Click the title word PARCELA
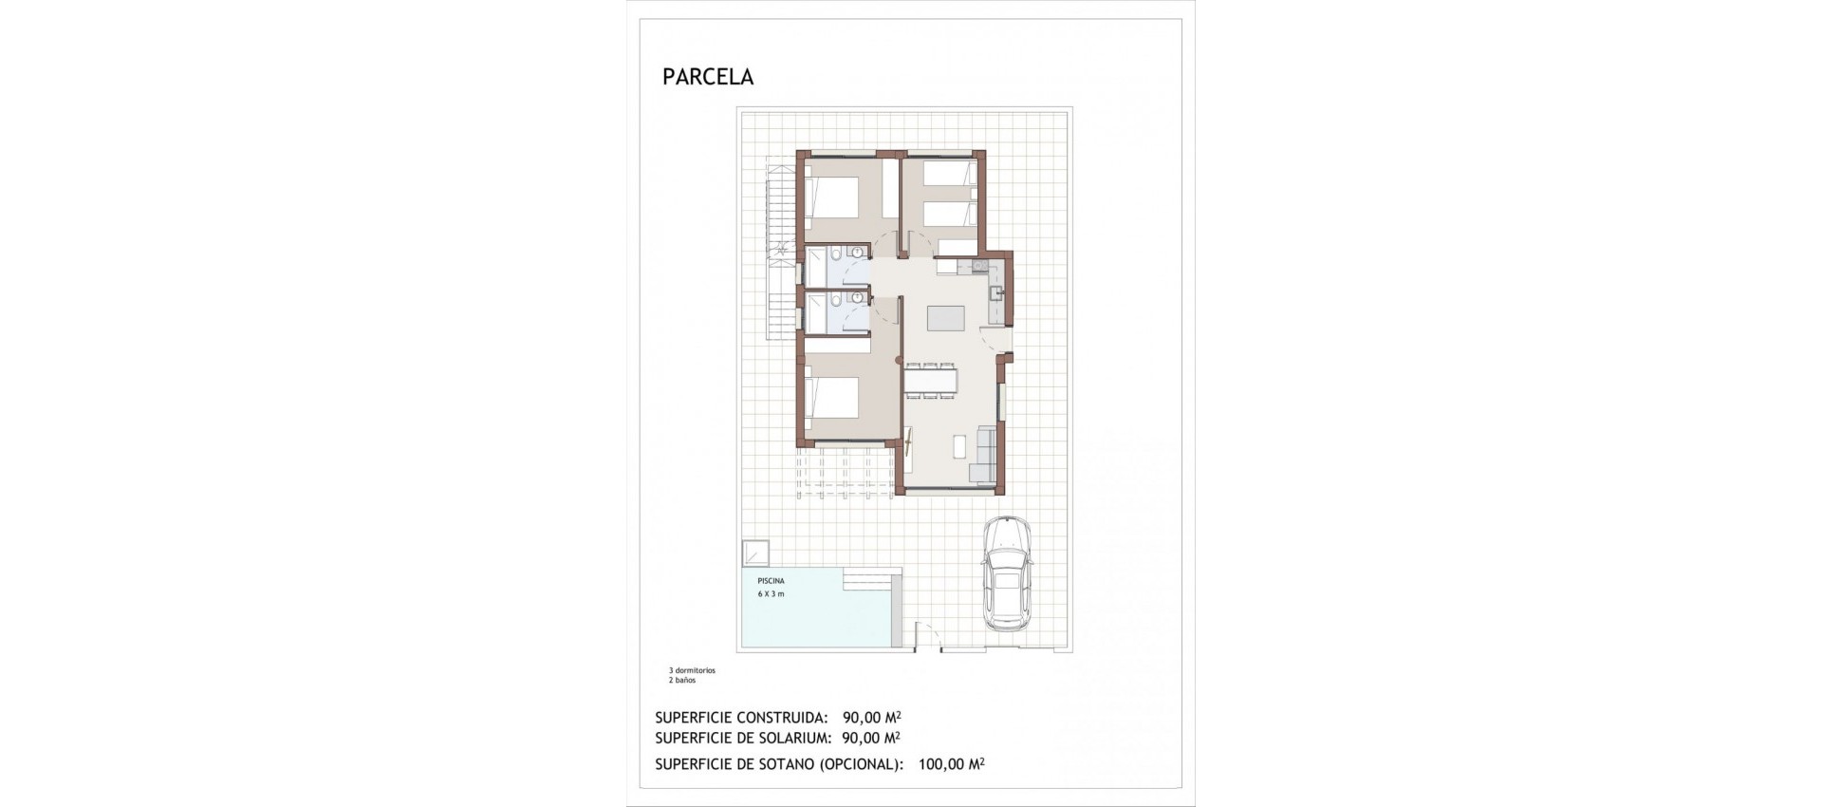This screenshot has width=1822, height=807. [x=708, y=77]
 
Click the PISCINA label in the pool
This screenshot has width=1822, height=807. [x=771, y=580]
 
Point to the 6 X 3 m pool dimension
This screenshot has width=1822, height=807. [x=771, y=594]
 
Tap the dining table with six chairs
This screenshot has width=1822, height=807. [x=931, y=381]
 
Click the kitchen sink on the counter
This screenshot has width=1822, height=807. [x=995, y=292]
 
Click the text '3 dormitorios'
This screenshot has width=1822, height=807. [x=692, y=670]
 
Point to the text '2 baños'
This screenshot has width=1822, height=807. [x=682, y=681]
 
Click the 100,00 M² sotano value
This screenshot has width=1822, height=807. [x=951, y=763]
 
